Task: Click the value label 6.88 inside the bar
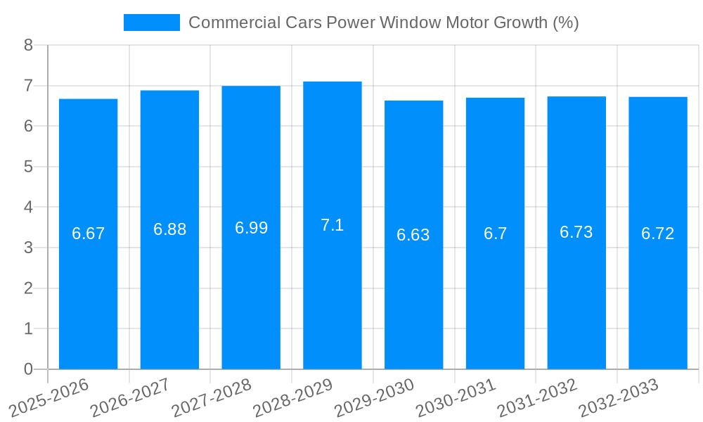pyautogui.click(x=169, y=229)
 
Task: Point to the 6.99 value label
pyautogui.click(x=251, y=228)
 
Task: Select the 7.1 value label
pyautogui.click(x=332, y=225)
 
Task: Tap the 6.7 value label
pyautogui.click(x=495, y=234)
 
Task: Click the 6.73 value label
pyautogui.click(x=576, y=232)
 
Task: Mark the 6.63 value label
pyautogui.click(x=413, y=235)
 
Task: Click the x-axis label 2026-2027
pyautogui.click(x=131, y=397)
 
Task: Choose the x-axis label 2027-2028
pyautogui.click(x=212, y=397)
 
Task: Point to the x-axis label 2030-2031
pyautogui.click(x=456, y=397)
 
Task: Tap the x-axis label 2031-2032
pyautogui.click(x=538, y=397)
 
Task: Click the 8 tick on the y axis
pyautogui.click(x=28, y=45)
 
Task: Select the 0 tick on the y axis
pyautogui.click(x=28, y=369)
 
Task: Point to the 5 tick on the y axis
pyautogui.click(x=28, y=167)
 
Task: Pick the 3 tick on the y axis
pyautogui.click(x=28, y=248)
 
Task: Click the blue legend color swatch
pyautogui.click(x=151, y=23)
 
